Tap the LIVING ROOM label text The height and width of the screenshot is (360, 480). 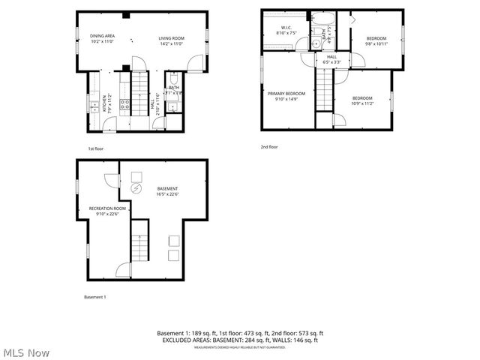(171, 38)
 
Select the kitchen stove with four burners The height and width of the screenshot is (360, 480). (125, 105)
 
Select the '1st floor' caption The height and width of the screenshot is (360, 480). (95, 148)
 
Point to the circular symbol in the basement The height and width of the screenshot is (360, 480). (136, 189)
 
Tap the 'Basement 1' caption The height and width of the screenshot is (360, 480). (95, 298)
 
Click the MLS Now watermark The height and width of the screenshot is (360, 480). (25, 352)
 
